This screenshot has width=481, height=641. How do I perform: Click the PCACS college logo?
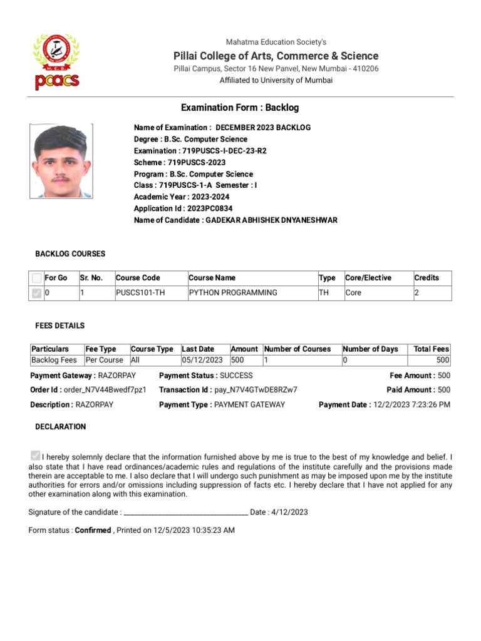[x=56, y=62]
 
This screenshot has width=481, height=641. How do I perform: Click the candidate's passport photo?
[x=60, y=161]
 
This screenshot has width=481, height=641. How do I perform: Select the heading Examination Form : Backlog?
[x=240, y=108]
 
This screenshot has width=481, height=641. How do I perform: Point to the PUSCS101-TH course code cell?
[x=140, y=292]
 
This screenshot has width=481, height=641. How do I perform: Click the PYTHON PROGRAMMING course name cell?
[x=233, y=292]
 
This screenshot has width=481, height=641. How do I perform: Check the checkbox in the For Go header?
[x=37, y=278]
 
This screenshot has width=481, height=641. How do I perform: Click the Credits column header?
[x=427, y=278]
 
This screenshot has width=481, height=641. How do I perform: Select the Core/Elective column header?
[x=368, y=278]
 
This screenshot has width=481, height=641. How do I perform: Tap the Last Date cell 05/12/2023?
[x=202, y=360]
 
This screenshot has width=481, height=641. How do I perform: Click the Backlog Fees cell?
[x=54, y=360]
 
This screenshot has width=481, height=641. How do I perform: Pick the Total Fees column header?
[x=431, y=349]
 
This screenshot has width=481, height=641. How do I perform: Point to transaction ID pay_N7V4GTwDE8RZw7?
[x=256, y=390]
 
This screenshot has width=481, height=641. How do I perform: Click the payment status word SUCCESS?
[x=237, y=376]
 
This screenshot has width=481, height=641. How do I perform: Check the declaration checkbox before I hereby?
[x=35, y=456]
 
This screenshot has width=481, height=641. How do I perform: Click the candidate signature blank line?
[x=186, y=513]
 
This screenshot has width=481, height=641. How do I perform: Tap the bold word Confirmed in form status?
[x=93, y=530]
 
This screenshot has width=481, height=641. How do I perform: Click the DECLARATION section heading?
[x=61, y=427]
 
